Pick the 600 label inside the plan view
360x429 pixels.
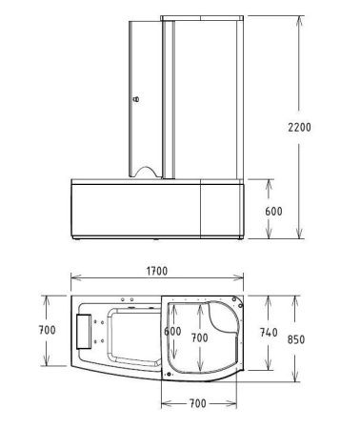(171, 332)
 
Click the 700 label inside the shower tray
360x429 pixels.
(199, 337)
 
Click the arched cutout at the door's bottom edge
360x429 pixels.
(146, 172)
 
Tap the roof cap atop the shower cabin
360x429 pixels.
(196, 18)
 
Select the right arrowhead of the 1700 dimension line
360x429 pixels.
(244, 282)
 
